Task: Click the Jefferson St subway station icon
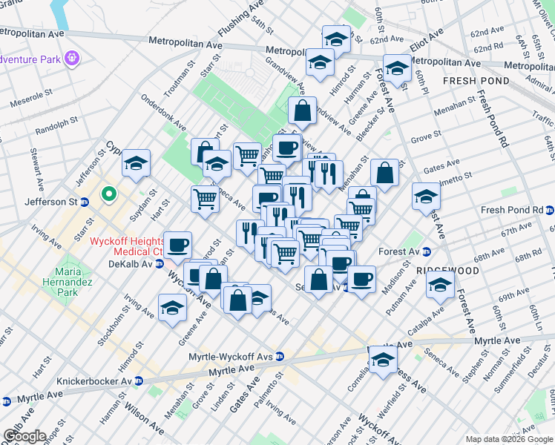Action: [85, 201]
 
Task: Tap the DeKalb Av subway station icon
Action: [159, 264]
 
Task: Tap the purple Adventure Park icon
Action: [71, 57]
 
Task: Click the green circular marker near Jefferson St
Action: [109, 195]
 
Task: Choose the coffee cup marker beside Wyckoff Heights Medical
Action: [177, 244]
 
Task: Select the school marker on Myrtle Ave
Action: [383, 360]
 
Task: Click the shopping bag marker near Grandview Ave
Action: [302, 111]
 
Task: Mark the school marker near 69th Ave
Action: [440, 285]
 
